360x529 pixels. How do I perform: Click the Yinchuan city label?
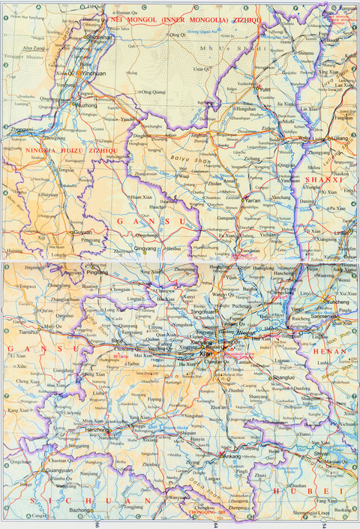pyautogui.click(x=94, y=75)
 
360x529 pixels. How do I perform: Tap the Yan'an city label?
pyautogui.click(x=251, y=202)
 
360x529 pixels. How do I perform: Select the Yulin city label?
pyautogui.click(x=263, y=89)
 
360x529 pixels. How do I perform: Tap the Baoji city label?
pyautogui.click(x=118, y=341)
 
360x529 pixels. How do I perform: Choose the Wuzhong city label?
pyautogui.click(x=88, y=107)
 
